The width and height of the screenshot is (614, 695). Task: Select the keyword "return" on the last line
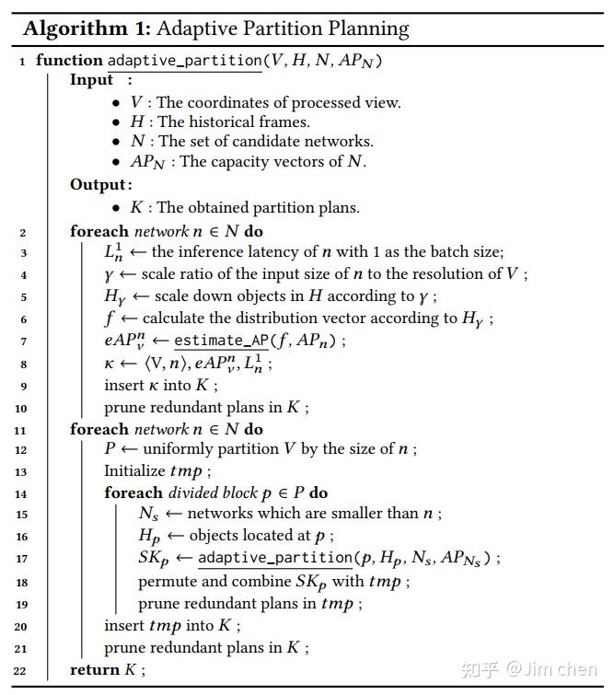coord(95,670)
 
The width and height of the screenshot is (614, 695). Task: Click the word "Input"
coord(92,80)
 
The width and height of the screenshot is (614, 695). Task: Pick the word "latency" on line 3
coord(277,252)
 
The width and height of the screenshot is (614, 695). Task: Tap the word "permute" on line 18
coord(170,582)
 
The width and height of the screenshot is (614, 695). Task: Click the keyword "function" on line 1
coord(69,61)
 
